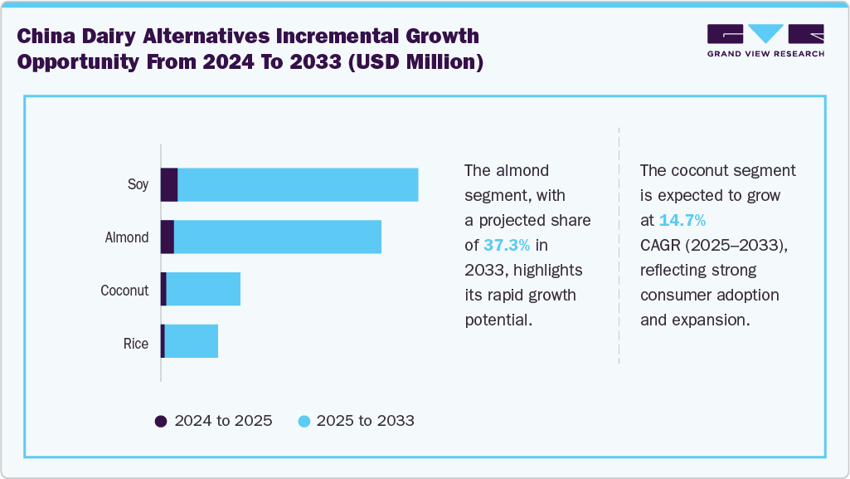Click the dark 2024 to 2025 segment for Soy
pos(169,184)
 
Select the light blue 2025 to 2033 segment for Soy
pos(298,184)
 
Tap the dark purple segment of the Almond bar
pos(168,237)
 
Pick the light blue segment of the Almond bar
pos(277,237)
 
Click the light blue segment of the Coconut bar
pos(203,289)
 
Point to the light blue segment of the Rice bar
pos(192,341)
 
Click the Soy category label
pos(138,184)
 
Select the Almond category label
pos(127,237)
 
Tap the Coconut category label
pos(124,291)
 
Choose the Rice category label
pos(136,344)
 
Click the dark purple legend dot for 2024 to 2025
pos(161,421)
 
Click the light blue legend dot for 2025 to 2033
pos(304,421)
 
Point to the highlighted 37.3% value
pos(507,246)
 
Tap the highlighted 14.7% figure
pos(682,221)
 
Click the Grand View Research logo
pos(765,41)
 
